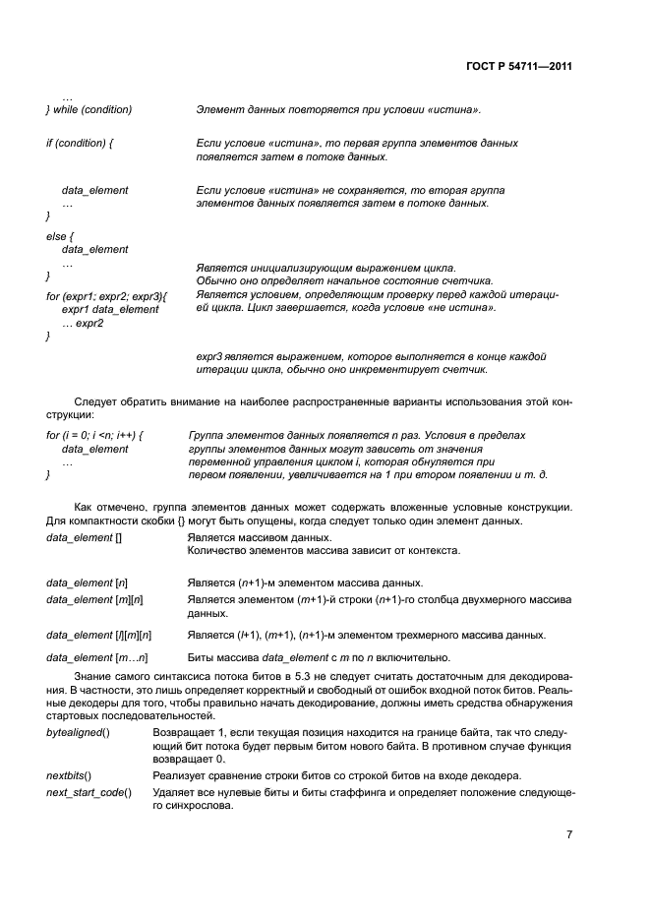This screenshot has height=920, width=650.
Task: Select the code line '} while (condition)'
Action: tap(89, 109)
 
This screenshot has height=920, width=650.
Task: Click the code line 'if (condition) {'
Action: tap(80, 144)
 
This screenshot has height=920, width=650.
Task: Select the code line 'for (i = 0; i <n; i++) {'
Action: tap(95, 435)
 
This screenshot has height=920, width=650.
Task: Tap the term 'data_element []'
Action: tap(84, 538)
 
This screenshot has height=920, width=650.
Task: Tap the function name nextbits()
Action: tap(70, 776)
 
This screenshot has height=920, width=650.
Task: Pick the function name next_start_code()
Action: tap(89, 793)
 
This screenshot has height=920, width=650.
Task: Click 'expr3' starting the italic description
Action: tap(210, 356)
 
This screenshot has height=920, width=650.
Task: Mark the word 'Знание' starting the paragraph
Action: tap(95, 680)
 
